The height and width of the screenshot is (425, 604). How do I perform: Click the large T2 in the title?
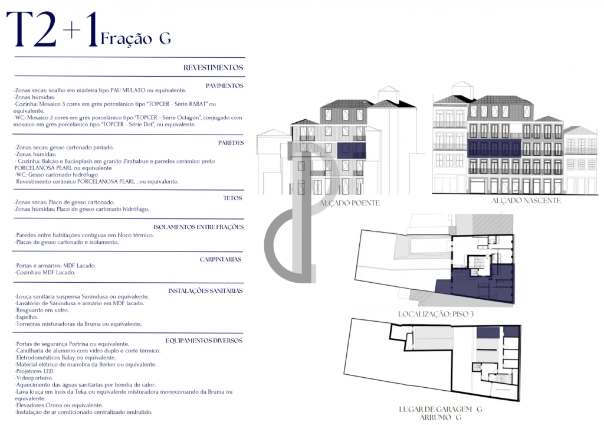[x=32, y=29]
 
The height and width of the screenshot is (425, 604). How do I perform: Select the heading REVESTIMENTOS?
[x=213, y=67]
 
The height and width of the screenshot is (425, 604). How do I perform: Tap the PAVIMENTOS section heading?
[x=225, y=86]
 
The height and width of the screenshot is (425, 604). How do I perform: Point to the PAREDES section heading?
[x=231, y=143]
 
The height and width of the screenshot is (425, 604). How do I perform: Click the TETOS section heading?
[x=232, y=198]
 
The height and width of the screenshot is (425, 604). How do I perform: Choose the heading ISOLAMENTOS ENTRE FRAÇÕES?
[x=198, y=227]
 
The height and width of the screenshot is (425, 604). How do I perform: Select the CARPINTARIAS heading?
[x=221, y=259]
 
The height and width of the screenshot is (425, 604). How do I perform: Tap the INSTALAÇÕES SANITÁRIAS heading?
[x=205, y=290]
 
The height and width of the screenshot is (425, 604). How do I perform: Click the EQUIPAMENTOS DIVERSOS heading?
[x=203, y=341]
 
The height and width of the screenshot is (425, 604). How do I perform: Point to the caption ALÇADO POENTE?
[x=349, y=203]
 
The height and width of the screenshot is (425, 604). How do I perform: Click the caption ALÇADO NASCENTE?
[x=526, y=201]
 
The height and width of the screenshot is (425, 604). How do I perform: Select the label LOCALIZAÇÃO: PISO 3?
[x=436, y=314]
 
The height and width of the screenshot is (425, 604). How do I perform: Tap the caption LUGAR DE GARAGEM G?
[x=440, y=409]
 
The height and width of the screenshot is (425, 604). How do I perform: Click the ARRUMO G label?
[x=440, y=417]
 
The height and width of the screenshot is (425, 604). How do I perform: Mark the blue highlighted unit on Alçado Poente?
[x=352, y=151]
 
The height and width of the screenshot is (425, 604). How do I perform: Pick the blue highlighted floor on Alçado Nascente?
[x=494, y=148]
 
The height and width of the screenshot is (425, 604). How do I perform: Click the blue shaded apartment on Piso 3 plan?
[x=478, y=285]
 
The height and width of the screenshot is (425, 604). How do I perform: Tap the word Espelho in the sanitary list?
[x=27, y=317]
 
